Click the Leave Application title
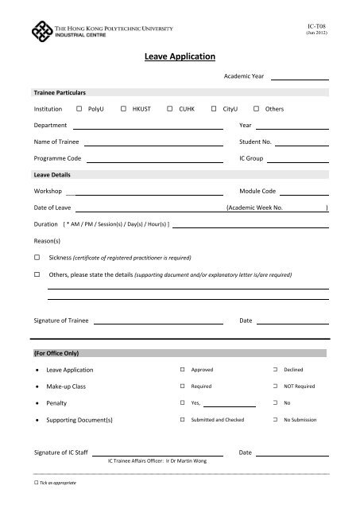coord(180,57)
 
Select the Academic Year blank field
coord(301,78)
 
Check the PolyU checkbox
coord(79,108)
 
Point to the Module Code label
coord(257,192)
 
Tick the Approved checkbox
coord(184,370)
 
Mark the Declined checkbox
coord(275,370)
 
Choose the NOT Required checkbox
coord(275,387)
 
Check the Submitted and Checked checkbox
coord(184,419)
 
